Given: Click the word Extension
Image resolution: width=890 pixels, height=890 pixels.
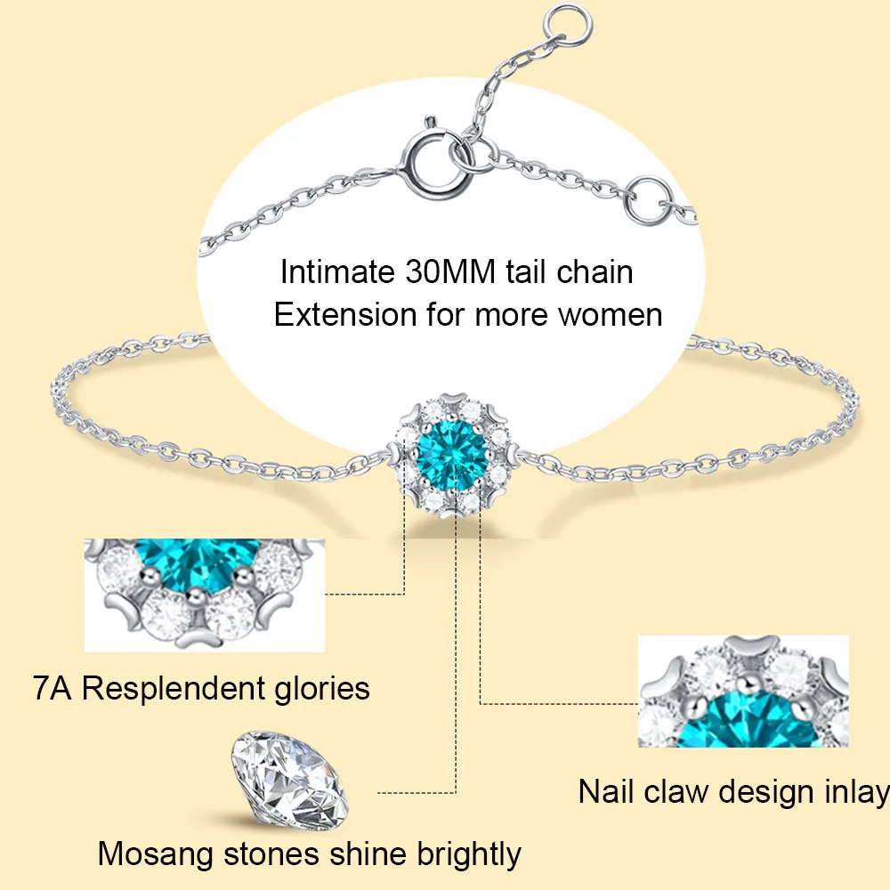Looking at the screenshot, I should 345,314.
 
